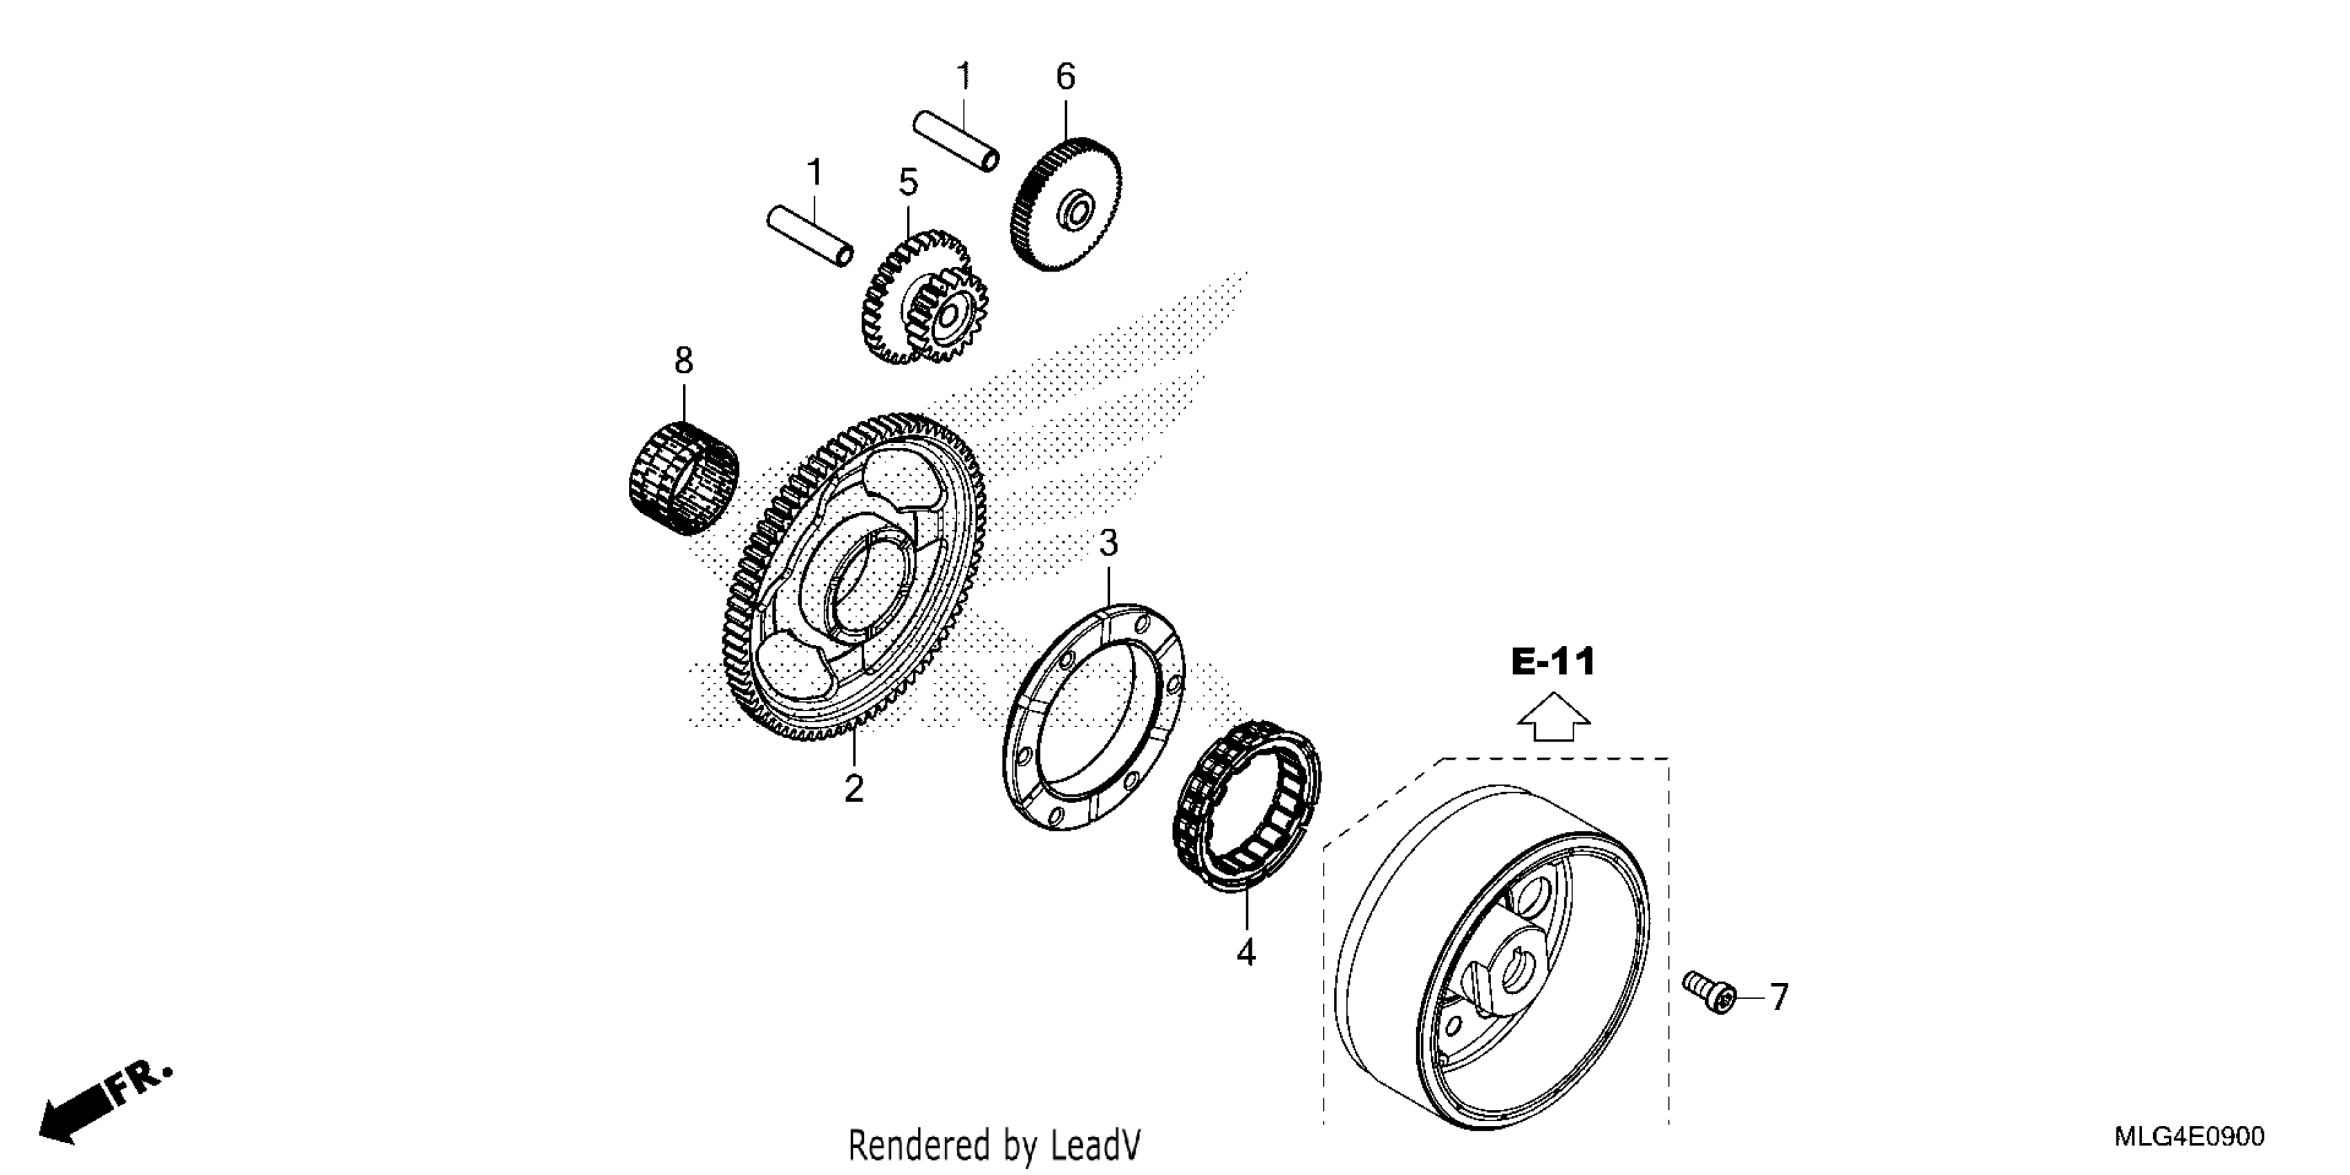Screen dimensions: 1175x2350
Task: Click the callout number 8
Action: point(684,361)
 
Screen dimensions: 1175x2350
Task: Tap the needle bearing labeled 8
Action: point(684,478)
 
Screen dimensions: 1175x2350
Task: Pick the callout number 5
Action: point(908,182)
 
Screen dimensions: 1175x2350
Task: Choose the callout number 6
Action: point(1066,77)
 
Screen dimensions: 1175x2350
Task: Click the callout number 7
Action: point(1779,997)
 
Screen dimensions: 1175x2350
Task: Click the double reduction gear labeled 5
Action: point(923,297)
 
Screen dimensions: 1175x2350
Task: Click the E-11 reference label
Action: point(1554,662)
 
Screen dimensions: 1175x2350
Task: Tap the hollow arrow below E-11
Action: point(1554,717)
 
